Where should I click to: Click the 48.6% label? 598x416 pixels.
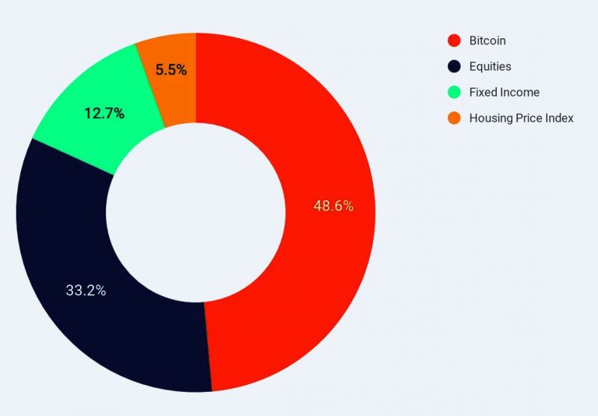[333, 206]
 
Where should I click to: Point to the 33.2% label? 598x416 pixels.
[86, 291]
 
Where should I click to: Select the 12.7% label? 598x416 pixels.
[104, 114]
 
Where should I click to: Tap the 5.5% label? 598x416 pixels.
[171, 70]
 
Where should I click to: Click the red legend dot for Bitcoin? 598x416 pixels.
[454, 41]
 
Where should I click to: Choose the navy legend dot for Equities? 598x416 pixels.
[454, 66]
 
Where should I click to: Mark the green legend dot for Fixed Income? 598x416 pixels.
[454, 92]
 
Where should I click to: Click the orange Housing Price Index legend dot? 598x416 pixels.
[454, 118]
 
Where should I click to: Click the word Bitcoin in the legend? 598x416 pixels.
[487, 41]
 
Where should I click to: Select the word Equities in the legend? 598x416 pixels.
[491, 66]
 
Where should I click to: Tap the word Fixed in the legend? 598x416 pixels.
[483, 92]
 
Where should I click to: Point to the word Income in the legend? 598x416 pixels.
[520, 92]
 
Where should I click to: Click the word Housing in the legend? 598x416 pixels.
[491, 118]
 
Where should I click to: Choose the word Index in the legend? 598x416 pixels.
[561, 118]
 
